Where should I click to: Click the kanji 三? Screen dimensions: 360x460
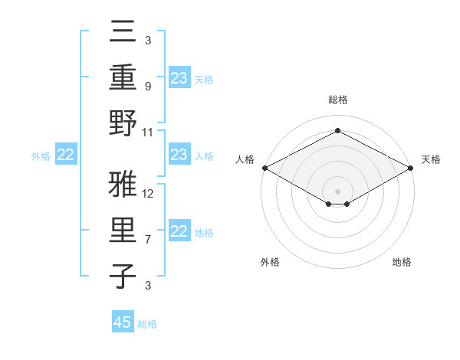[x=123, y=31]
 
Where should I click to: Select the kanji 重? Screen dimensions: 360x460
[x=123, y=77]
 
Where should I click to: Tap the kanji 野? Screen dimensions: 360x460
[x=123, y=125]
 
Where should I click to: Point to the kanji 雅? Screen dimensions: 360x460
[x=123, y=185]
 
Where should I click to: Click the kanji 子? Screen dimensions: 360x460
[x=123, y=277]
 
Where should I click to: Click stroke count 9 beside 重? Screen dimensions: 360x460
[x=149, y=87]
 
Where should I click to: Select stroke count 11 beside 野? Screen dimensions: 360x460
[x=149, y=133]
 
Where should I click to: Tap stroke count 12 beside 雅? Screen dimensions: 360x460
[x=149, y=193]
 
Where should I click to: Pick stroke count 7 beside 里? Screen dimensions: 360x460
[x=149, y=240]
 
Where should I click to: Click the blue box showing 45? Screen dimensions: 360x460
[x=123, y=322]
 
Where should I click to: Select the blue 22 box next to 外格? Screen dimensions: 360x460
[x=65, y=155]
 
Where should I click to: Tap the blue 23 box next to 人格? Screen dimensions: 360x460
[x=179, y=155]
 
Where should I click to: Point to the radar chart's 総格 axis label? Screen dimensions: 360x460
[x=337, y=100]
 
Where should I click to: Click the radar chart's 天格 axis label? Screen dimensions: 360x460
[x=431, y=159]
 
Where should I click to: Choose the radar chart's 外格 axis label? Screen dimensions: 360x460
[x=270, y=262]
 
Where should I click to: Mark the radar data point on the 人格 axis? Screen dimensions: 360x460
[x=264, y=168]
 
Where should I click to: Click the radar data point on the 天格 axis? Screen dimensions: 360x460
[x=411, y=168]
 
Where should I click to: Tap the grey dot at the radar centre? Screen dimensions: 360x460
[x=337, y=191]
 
